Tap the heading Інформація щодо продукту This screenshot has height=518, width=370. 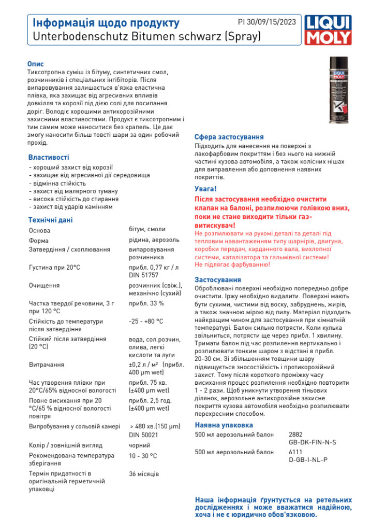106,23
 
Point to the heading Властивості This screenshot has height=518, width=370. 49,157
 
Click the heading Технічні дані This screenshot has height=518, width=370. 50,220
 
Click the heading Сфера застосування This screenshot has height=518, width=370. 229,137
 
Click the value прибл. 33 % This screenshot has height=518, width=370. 146,303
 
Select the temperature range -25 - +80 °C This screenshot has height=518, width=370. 145,321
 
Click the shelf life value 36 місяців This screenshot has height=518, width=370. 143,474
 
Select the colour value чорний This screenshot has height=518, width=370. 139,445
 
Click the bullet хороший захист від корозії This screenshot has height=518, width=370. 73,167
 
